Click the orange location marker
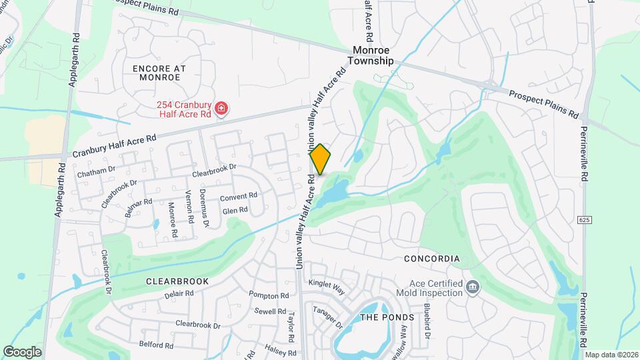click(x=320, y=159)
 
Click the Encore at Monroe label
click(x=159, y=73)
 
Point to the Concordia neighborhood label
click(x=432, y=258)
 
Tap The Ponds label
click(x=387, y=317)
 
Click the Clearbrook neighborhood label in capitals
click(x=177, y=281)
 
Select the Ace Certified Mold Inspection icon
click(x=473, y=287)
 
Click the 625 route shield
click(x=585, y=219)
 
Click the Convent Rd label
click(x=239, y=196)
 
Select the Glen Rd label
click(x=235, y=210)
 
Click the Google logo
click(x=23, y=351)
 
